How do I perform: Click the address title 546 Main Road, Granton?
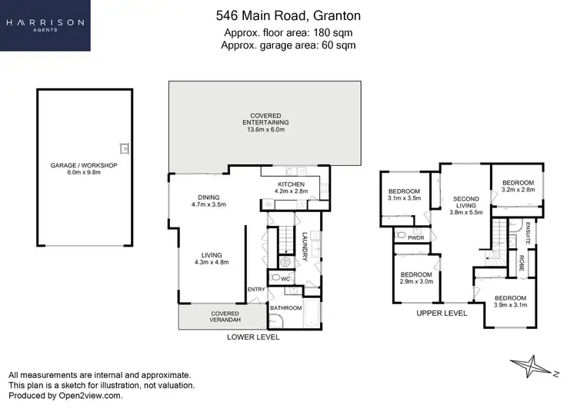(x=288, y=15)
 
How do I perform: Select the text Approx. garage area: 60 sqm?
(x=288, y=45)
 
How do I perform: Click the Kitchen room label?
(x=292, y=188)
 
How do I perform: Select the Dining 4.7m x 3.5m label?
(x=208, y=201)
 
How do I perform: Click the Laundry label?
(x=305, y=247)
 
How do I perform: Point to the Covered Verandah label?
(x=225, y=317)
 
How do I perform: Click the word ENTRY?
(x=256, y=290)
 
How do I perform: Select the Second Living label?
(x=465, y=203)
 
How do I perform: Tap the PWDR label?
(x=416, y=238)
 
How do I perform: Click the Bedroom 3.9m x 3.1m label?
(x=509, y=302)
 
